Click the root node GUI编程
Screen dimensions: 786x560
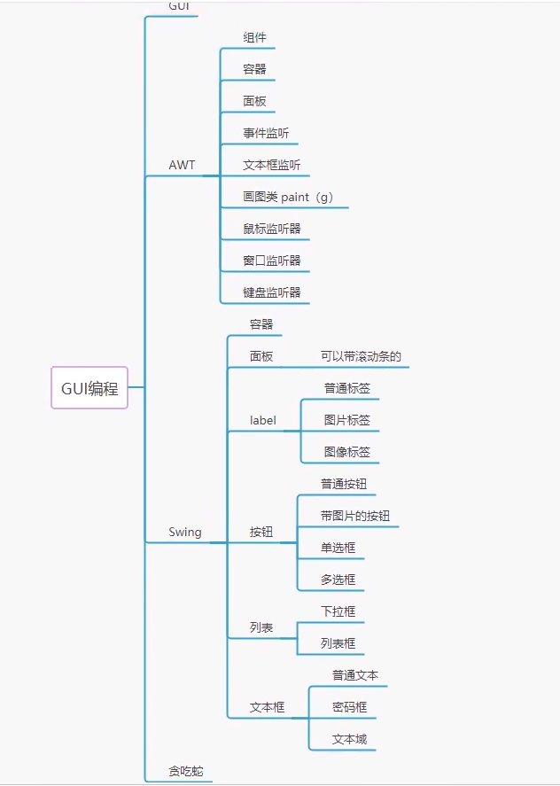(89, 388)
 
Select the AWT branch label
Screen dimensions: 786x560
(182, 166)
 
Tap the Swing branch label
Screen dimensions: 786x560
(185, 533)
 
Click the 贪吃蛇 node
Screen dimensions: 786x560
(186, 771)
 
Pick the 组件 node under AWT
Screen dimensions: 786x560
(254, 37)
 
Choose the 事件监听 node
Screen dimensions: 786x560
(266, 133)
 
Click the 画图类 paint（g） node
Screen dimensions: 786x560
(288, 197)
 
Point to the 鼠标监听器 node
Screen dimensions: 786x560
(272, 229)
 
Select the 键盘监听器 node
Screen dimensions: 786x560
(272, 292)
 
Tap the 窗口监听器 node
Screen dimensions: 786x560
(272, 261)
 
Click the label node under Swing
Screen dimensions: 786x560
(263, 420)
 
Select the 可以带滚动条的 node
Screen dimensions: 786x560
(361, 356)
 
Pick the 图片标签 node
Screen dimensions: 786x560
(347, 420)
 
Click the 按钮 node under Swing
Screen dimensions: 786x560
(261, 533)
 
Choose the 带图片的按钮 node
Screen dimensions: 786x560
(355, 516)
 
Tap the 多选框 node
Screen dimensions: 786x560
(338, 580)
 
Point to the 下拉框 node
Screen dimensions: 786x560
(338, 611)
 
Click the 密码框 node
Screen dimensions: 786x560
(349, 707)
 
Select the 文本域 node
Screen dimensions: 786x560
(349, 739)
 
